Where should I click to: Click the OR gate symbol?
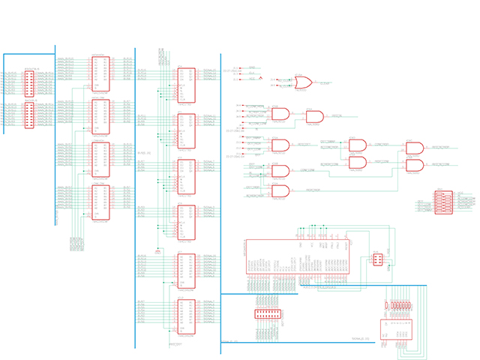(304, 82)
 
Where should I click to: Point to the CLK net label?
(252, 73)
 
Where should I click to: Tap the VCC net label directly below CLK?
(252, 79)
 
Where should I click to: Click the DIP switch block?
(443, 202)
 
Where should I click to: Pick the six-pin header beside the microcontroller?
(377, 260)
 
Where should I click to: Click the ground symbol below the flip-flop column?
(157, 250)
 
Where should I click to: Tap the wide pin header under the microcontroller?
(268, 313)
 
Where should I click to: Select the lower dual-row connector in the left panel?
(28, 115)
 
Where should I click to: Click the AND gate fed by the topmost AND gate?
(314, 117)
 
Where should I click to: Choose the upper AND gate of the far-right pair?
(414, 148)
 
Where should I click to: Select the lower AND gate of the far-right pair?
(414, 164)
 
